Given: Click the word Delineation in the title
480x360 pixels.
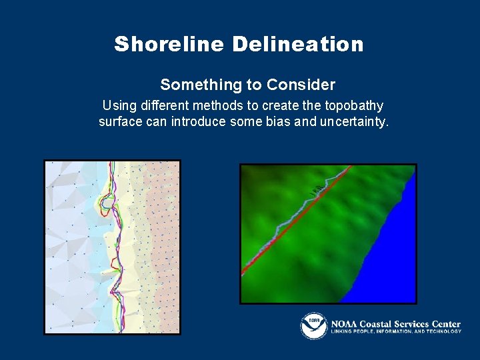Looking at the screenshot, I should [x=298, y=45].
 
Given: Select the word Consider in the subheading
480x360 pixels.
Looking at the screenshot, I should [x=301, y=85].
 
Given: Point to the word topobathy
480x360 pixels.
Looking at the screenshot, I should [x=352, y=106].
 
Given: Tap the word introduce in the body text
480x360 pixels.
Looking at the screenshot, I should [x=195, y=122].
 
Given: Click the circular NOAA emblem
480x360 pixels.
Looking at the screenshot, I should [x=313, y=325].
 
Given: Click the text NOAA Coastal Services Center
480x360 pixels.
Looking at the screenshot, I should [x=396, y=323].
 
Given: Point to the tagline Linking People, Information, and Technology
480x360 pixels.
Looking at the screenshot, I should [x=396, y=331].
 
